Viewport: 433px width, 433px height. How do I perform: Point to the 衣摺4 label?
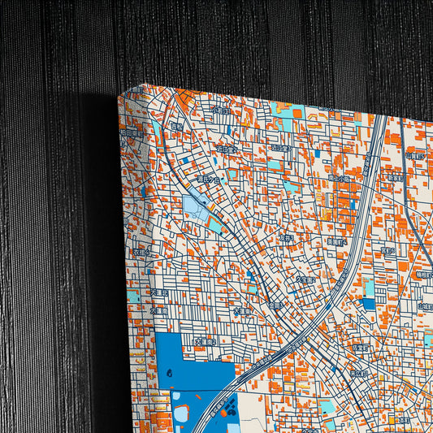pos(286,239)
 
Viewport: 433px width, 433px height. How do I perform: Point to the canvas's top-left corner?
pos(122,95)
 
